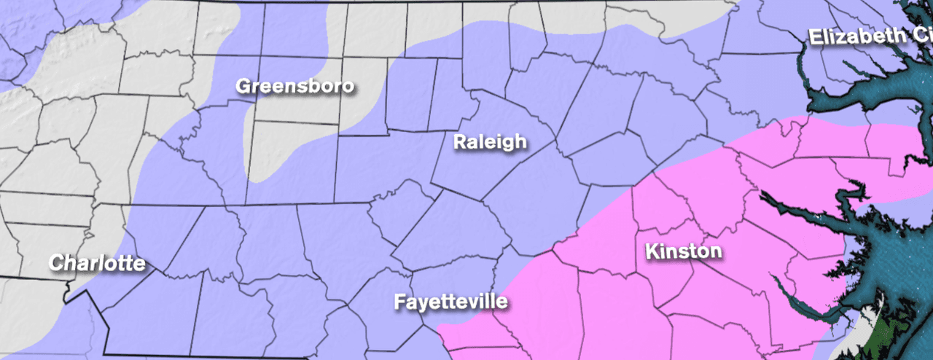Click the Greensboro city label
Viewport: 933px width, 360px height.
tap(294, 86)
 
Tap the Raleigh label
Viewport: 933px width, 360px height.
tap(489, 141)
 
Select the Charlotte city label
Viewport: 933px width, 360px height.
tap(97, 263)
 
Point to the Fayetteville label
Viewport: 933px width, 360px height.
tap(450, 302)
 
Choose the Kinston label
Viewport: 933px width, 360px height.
tap(684, 252)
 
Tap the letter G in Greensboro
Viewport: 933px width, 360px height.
tap(243, 86)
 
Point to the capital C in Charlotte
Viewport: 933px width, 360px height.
tap(55, 263)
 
